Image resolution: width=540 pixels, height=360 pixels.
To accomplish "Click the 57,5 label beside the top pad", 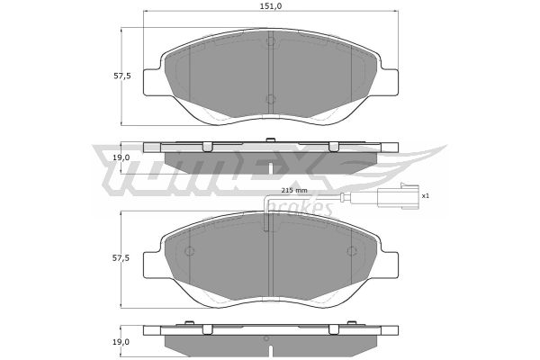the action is pyautogui.click(x=122, y=76).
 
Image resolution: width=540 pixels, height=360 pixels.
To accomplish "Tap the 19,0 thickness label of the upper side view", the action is pyautogui.click(x=121, y=157).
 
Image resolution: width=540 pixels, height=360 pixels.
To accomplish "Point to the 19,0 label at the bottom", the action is pyautogui.click(x=121, y=342).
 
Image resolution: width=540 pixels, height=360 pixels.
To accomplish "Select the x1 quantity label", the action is pyautogui.click(x=426, y=195).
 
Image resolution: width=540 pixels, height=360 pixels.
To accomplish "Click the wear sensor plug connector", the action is pyautogui.click(x=398, y=197).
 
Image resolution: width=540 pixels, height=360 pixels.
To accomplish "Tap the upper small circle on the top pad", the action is pyautogui.click(x=271, y=42).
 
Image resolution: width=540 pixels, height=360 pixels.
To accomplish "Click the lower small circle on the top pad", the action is pyautogui.click(x=271, y=99).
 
